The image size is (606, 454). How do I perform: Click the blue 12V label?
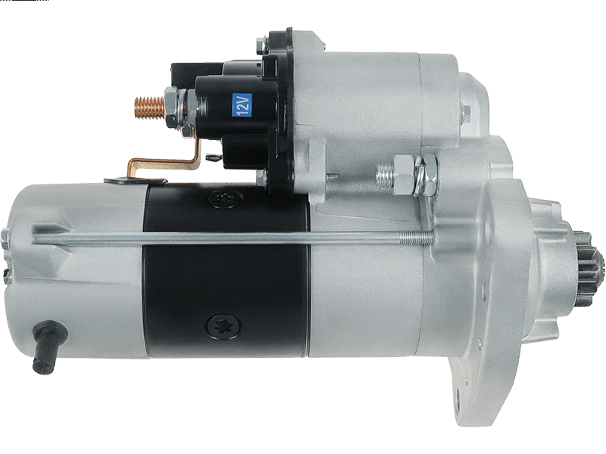click(x=241, y=104)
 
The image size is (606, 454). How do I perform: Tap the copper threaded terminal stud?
click(x=149, y=106)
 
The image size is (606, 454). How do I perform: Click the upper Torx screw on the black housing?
click(x=225, y=199)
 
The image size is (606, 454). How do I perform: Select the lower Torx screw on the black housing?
click(x=223, y=326)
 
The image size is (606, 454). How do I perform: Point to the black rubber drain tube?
click(x=48, y=347)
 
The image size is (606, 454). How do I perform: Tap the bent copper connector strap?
click(x=166, y=160)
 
